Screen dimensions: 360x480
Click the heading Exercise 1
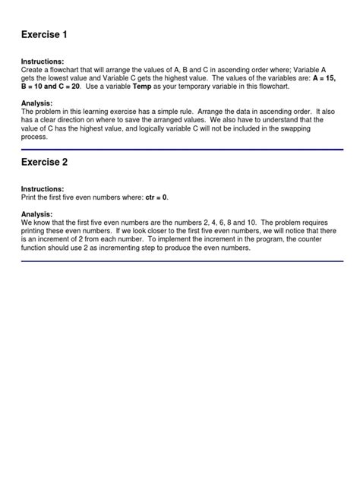tap(46, 35)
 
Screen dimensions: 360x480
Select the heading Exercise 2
tap(46, 163)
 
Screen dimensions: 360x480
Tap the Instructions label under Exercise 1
tap(43, 61)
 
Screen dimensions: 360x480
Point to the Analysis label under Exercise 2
tap(36, 214)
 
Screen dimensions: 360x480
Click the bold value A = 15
tap(324, 77)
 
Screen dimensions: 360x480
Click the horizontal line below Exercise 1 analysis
tap(182, 150)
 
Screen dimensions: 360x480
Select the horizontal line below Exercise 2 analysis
tap(182, 262)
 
